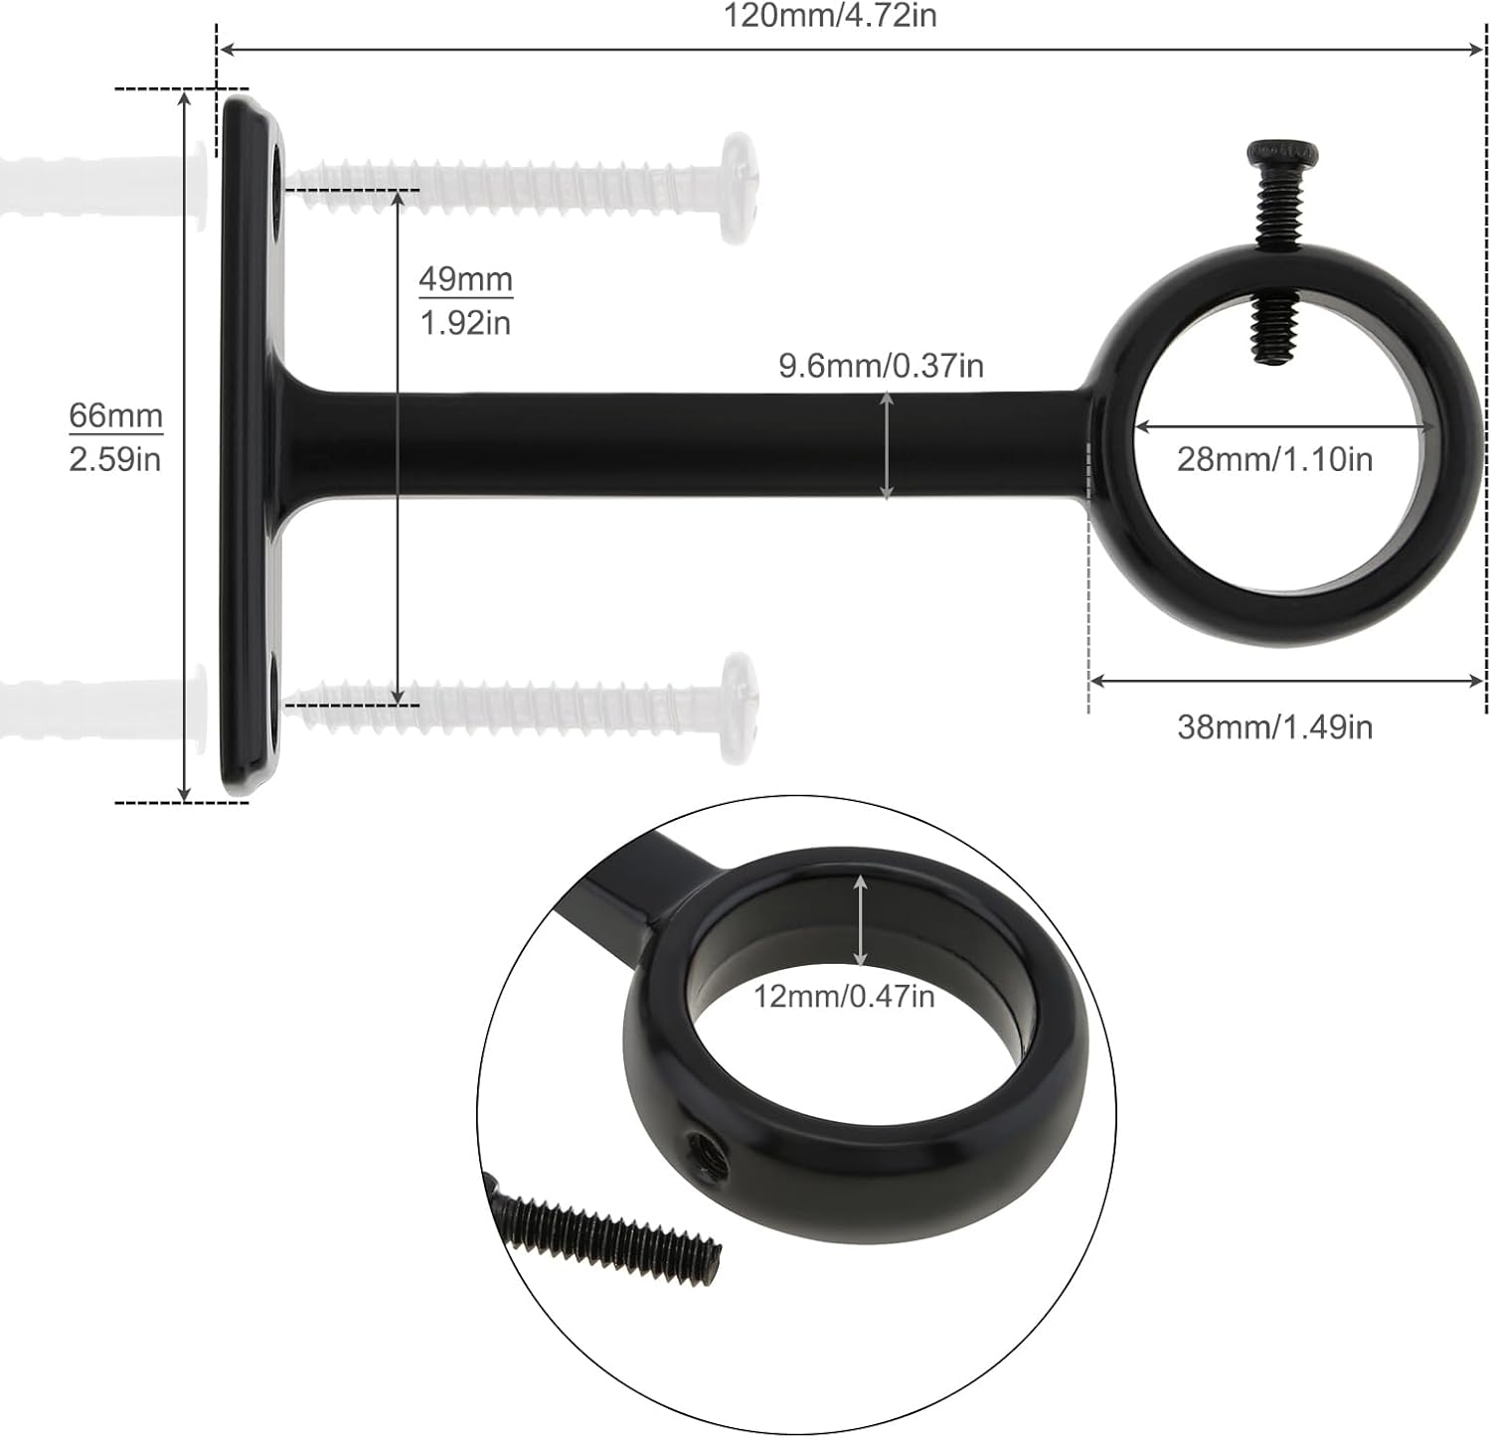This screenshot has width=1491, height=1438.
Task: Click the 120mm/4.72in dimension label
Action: pos(830,16)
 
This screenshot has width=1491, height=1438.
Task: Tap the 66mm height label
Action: pos(115,415)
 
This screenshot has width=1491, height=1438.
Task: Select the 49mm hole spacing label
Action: pos(465,279)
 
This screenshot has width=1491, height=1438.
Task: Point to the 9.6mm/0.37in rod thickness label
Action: pos(881,366)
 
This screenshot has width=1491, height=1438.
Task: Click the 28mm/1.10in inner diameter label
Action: pos(1274,459)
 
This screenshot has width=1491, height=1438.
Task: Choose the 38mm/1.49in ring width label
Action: pos(1274,727)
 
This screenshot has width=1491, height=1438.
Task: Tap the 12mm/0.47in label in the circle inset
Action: pos(843,996)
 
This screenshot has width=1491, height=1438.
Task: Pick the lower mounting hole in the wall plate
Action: pos(275,682)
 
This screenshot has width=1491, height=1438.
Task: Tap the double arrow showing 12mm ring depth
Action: pos(860,920)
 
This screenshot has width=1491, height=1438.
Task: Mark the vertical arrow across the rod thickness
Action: pos(887,446)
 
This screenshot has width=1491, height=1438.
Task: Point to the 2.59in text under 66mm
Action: pos(115,459)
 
